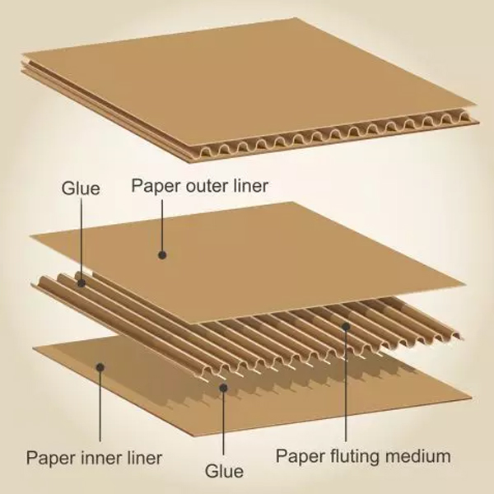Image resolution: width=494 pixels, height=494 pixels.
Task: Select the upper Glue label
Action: (81, 189)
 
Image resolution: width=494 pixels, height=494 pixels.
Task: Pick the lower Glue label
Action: (224, 471)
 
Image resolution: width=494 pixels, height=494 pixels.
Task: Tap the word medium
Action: (421, 455)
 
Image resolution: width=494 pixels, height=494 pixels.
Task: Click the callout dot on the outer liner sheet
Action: (163, 255)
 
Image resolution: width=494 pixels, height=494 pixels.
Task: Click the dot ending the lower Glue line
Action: (224, 384)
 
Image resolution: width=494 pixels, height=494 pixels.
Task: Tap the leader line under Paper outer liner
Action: (163, 226)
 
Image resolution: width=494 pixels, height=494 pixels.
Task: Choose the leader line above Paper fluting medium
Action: (346, 387)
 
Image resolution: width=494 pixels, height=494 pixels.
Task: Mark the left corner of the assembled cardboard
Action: (23, 61)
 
